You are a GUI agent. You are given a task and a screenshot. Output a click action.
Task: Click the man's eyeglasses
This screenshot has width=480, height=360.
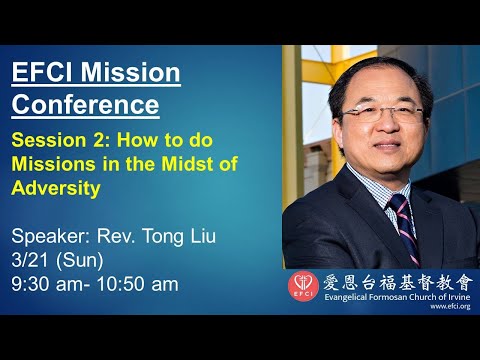pos(356,109)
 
